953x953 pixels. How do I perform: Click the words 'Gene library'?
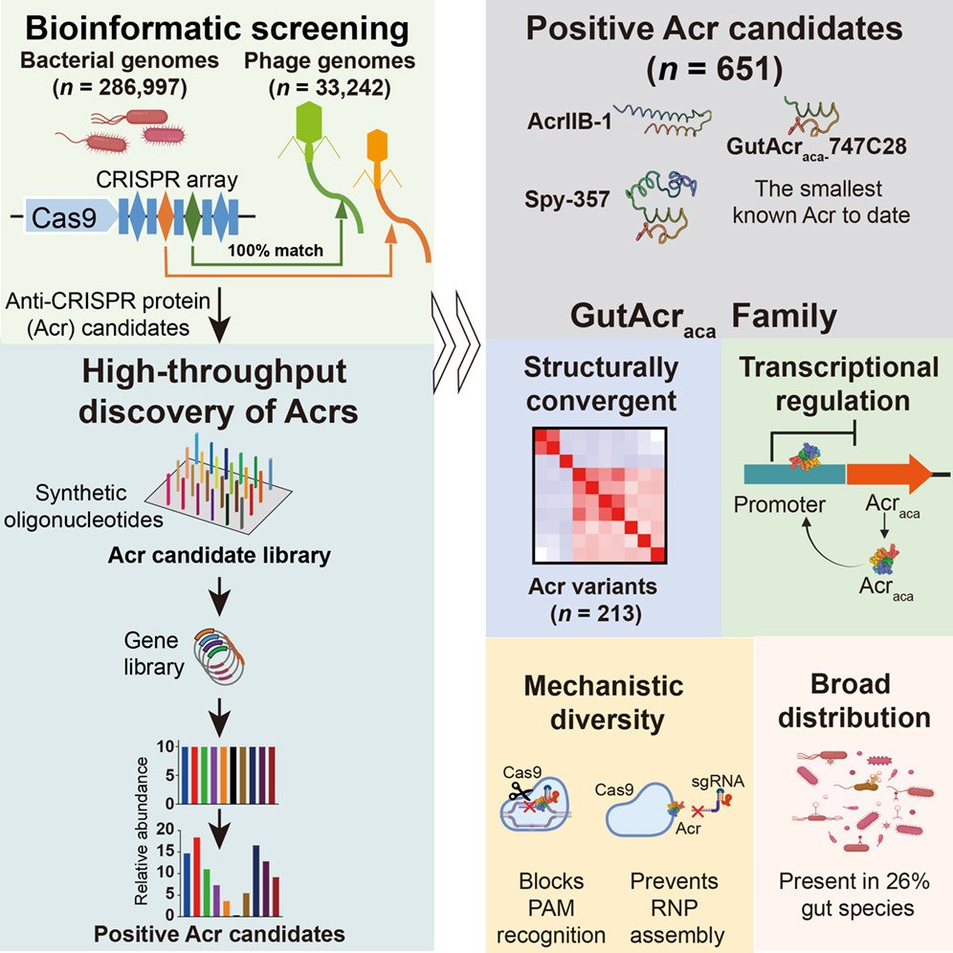[154, 654]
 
